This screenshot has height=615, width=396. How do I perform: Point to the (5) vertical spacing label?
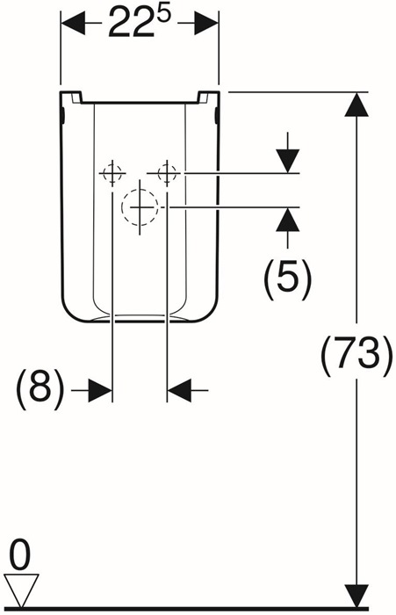288,274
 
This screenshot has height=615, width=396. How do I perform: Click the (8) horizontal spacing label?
40,388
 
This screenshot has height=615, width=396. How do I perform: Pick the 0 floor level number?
19,557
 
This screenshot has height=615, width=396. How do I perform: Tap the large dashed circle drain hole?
140,207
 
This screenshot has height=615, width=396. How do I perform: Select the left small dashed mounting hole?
112,172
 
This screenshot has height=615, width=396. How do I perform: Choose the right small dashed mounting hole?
167,172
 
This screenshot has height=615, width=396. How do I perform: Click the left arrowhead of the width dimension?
73,24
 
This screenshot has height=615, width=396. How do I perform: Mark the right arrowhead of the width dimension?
206,24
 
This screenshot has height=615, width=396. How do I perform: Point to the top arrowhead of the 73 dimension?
356,105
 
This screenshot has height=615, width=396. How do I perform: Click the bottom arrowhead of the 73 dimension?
356,596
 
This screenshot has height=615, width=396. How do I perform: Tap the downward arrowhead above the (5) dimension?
288,161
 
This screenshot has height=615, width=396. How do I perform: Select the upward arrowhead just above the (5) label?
288,219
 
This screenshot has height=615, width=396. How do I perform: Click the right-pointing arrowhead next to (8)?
100,390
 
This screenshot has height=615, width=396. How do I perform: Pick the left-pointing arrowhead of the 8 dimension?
179,390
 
